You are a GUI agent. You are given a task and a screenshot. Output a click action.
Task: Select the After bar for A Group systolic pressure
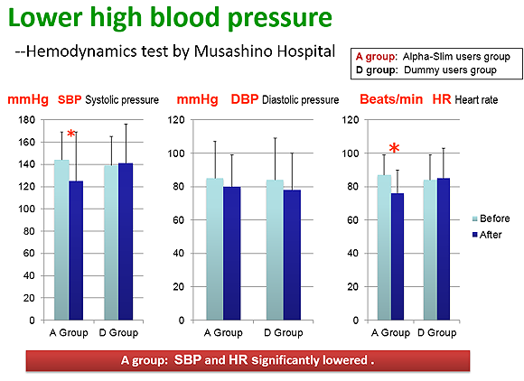point(76,250)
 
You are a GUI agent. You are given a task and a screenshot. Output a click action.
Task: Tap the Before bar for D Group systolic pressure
point(111,243)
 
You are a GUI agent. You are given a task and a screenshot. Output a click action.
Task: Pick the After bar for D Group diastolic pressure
point(292,256)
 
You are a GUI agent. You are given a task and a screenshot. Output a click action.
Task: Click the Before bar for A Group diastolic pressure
point(215,249)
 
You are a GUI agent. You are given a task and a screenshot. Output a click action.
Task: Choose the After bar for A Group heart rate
point(398,256)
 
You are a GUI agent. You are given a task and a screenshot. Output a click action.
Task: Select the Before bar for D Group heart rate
point(430,250)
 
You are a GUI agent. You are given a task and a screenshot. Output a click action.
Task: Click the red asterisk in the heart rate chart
point(394,147)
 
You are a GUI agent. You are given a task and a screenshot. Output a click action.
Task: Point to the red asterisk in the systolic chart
point(70,134)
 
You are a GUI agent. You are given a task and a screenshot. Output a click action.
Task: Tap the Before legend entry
point(491,218)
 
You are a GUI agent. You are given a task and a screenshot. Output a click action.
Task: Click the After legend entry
point(487,235)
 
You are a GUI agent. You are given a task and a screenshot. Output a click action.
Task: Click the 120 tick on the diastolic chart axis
point(177,120)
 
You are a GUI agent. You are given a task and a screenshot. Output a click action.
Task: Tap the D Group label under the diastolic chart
point(284,332)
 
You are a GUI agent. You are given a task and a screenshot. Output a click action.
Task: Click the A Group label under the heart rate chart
point(390,332)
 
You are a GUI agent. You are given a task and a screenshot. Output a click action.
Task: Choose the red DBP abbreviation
point(245,99)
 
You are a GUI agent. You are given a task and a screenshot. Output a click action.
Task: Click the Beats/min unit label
point(391,99)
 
